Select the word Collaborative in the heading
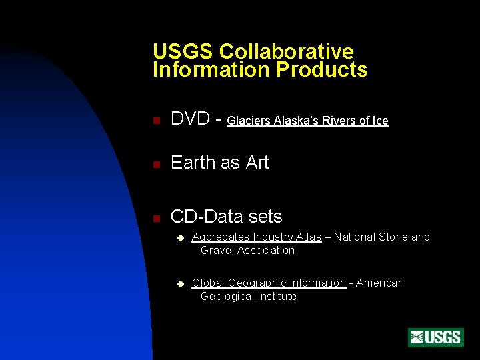pyautogui.click(x=286, y=51)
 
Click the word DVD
pyautogui.click(x=191, y=119)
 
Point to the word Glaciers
pyautogui.click(x=249, y=121)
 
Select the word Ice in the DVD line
pyautogui.click(x=380, y=121)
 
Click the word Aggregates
pyautogui.click(x=221, y=237)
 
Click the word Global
pyautogui.click(x=208, y=283)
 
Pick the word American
pyautogui.click(x=380, y=283)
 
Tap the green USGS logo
pyautogui.click(x=436, y=337)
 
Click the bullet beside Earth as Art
pyautogui.click(x=155, y=164)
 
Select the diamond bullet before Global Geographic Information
pyautogui.click(x=179, y=284)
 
